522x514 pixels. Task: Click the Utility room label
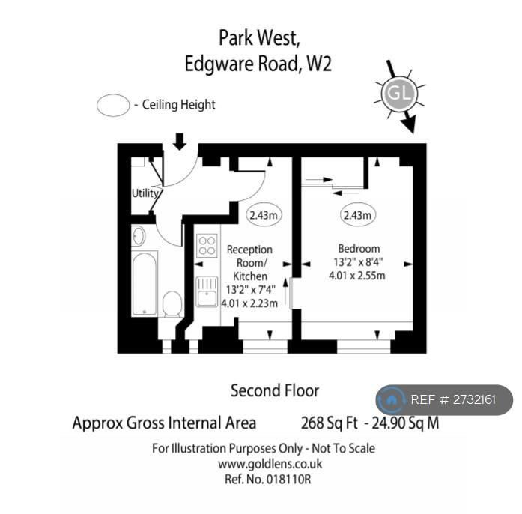pos(145,193)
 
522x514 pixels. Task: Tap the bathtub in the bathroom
pos(145,283)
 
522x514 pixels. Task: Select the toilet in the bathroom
pos(172,303)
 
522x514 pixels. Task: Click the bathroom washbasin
pos(139,236)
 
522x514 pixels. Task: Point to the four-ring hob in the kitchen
pos(207,246)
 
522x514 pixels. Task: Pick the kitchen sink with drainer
pos(207,291)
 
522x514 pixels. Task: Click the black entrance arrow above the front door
pos(180,142)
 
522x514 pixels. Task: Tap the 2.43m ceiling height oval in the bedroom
pos(357,215)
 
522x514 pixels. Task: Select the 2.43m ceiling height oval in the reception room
pos(264,215)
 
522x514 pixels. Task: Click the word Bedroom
pos(359,249)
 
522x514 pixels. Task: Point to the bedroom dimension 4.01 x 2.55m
pos(357,276)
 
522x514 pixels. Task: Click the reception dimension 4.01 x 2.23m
pos(249,303)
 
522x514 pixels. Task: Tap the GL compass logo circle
pos(399,93)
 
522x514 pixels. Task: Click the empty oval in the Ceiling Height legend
pos(113,105)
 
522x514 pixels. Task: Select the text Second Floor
pos(275,391)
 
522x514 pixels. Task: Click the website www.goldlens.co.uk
pos(270,464)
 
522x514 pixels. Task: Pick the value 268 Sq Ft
pos(330,423)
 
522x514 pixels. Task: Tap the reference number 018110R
pos(288,480)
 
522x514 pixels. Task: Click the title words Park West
pos(259,38)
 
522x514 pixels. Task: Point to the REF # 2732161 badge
pos(444,400)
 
